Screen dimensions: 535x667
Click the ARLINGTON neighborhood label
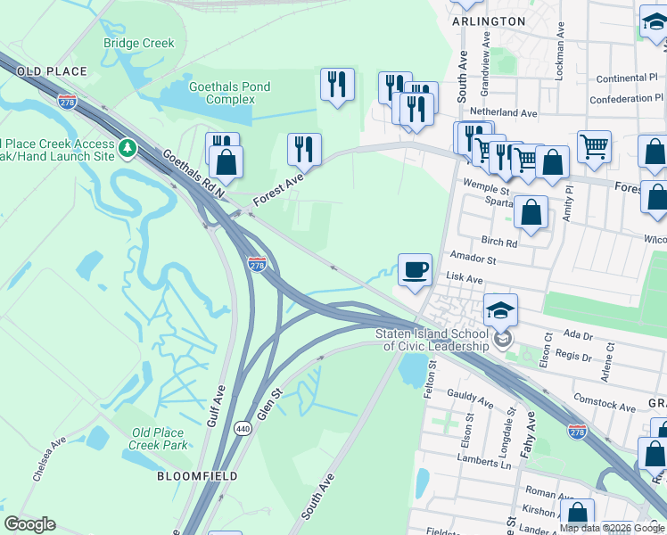point(488,21)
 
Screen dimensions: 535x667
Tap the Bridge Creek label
point(138,43)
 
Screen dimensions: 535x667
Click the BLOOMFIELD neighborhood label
point(197,476)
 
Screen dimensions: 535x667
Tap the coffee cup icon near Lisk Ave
point(414,269)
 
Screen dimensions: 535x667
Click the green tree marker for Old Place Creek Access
point(128,147)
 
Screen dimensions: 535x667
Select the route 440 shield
point(241,429)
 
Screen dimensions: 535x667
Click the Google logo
point(29,524)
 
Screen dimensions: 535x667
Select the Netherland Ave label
point(504,113)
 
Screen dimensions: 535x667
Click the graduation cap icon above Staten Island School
point(501,310)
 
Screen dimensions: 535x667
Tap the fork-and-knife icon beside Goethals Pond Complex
point(337,85)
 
